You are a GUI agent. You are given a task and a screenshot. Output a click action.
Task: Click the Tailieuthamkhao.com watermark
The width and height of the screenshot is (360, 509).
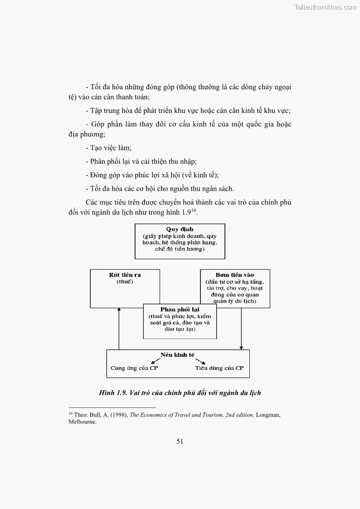click(x=325, y=7)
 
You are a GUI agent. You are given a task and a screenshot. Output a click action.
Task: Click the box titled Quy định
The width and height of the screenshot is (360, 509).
click(x=180, y=241)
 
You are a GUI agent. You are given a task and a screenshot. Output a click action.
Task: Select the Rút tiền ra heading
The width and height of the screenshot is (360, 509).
click(x=125, y=275)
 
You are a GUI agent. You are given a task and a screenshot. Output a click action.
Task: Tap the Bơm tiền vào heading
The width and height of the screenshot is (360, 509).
click(x=235, y=275)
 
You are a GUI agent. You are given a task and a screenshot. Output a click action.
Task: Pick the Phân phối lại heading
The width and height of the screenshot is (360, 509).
click(x=180, y=309)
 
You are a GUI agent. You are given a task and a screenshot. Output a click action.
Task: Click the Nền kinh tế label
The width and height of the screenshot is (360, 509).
click(x=178, y=354)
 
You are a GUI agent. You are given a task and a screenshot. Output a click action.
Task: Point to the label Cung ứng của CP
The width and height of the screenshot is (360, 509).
click(x=134, y=368)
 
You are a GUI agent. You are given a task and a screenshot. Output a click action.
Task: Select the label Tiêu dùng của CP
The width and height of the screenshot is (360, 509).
click(x=219, y=368)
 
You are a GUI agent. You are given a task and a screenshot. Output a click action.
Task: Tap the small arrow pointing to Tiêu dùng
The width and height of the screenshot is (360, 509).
click(x=201, y=361)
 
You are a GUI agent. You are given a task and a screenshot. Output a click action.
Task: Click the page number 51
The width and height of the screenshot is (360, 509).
click(x=180, y=441)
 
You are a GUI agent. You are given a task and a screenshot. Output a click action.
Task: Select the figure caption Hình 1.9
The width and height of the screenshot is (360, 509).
click(x=180, y=393)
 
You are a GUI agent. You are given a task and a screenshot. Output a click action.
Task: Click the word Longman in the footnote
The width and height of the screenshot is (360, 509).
click(x=268, y=415)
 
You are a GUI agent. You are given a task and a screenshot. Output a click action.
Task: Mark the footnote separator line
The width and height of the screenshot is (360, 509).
click(x=112, y=407)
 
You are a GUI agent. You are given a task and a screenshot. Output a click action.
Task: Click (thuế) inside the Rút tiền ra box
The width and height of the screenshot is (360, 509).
click(x=125, y=281)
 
